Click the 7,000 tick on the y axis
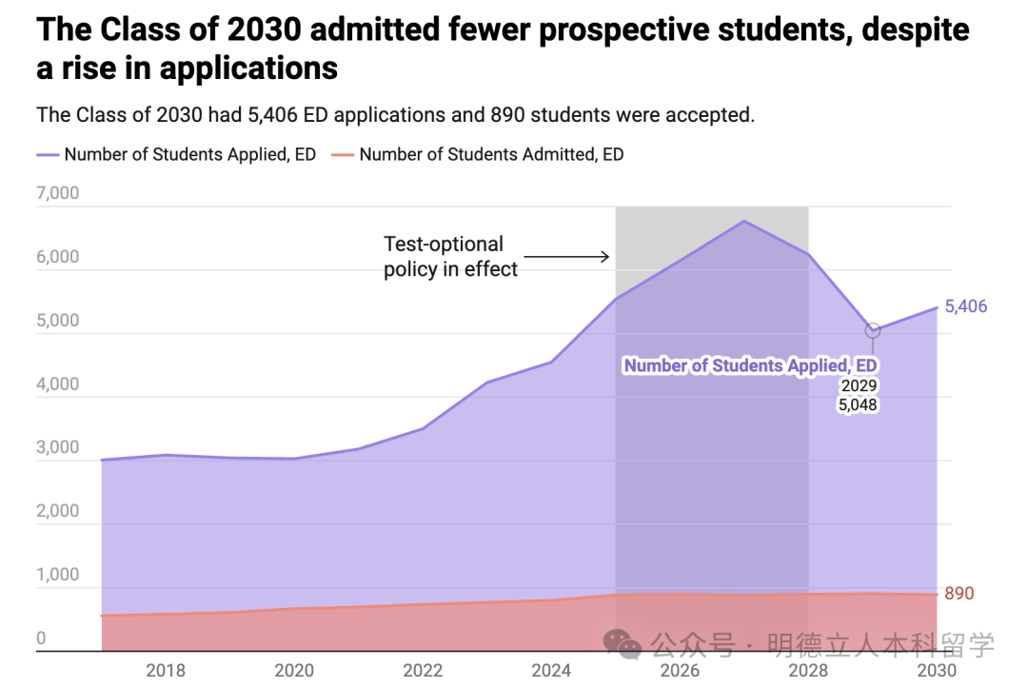point(57,194)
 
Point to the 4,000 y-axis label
point(57,385)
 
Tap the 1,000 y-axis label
point(57,575)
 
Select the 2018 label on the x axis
point(166,670)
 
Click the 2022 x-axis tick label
point(423,670)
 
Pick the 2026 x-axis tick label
point(680,670)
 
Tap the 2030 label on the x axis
point(937,670)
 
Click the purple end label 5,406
point(966,306)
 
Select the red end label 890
point(959,594)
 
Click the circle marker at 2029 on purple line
point(873,331)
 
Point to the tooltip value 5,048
point(858,404)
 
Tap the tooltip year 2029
point(858,385)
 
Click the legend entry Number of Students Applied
point(189,154)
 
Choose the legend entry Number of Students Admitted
point(491,154)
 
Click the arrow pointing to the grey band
point(566,256)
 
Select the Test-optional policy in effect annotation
point(450,257)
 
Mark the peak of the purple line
point(744,222)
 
